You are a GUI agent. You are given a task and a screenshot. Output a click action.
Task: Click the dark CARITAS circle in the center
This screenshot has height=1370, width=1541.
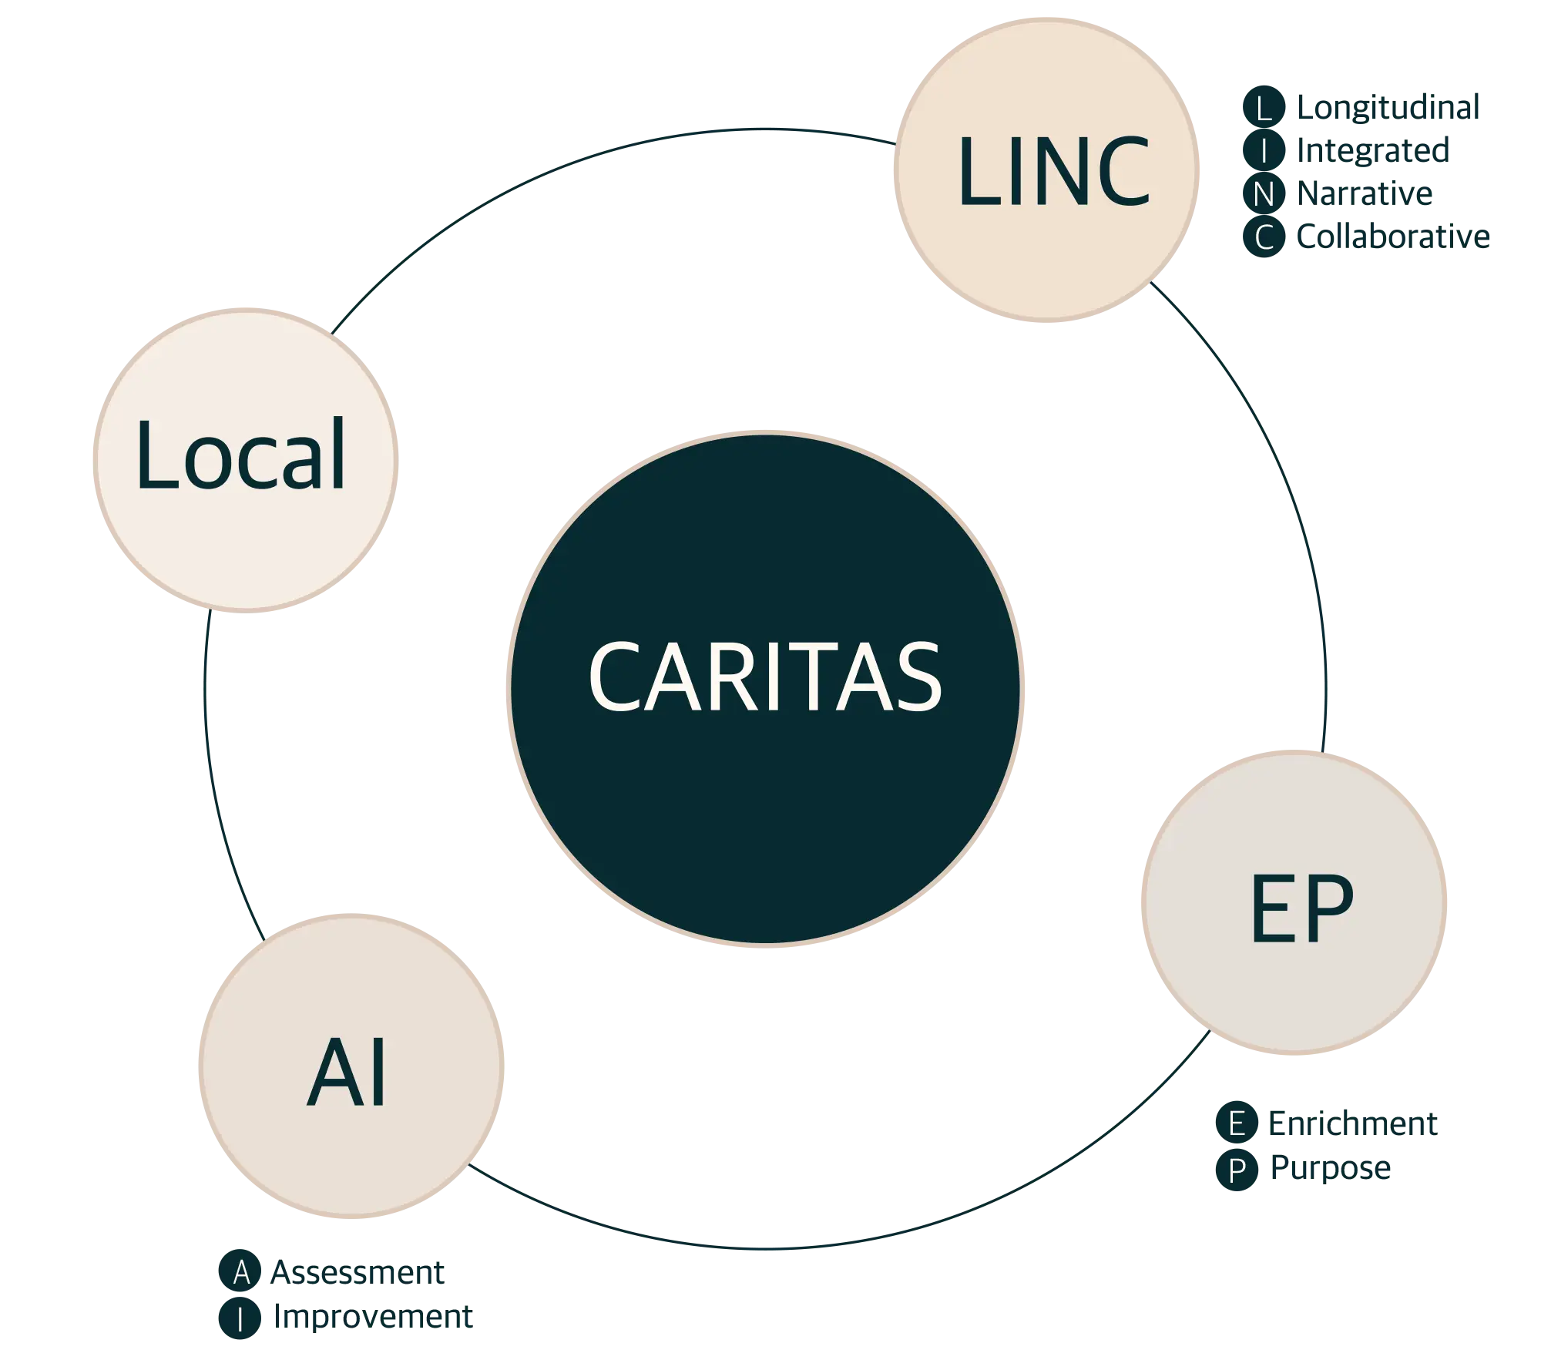[x=764, y=687]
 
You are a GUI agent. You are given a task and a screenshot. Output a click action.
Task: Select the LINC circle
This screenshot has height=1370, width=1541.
[x=1048, y=170]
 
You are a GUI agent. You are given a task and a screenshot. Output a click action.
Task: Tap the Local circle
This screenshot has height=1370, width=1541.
[x=244, y=461]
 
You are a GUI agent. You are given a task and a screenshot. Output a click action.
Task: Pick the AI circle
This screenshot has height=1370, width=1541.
[x=351, y=1067]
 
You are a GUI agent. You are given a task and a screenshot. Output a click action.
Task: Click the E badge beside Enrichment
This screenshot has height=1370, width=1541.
[x=1236, y=1124]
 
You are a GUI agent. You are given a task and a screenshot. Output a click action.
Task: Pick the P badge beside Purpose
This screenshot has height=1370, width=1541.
[x=1236, y=1170]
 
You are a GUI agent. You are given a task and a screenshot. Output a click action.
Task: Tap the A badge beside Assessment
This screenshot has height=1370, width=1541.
[x=240, y=1272]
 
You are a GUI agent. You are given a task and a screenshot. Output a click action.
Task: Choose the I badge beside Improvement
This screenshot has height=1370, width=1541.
[x=240, y=1318]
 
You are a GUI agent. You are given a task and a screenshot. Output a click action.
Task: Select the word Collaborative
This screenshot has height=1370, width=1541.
[x=1392, y=237]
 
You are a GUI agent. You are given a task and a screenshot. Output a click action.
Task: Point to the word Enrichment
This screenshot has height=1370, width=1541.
[x=1353, y=1124]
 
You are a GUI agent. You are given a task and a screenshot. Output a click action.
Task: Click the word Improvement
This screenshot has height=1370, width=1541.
[x=371, y=1318]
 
